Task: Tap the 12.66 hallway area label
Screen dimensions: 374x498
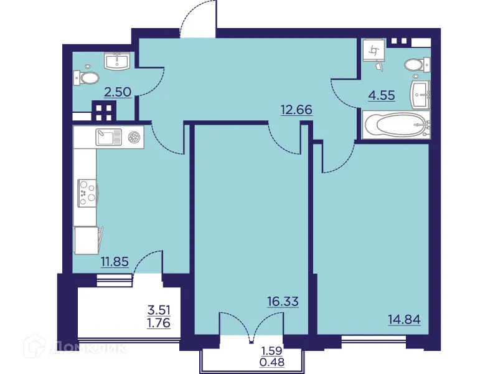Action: (296, 110)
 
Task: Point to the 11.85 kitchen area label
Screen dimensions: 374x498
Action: (114, 262)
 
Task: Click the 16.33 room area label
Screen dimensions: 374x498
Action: (283, 302)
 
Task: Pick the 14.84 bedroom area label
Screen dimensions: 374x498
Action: (403, 320)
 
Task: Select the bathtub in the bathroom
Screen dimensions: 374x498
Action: (397, 127)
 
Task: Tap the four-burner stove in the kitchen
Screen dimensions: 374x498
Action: (86, 193)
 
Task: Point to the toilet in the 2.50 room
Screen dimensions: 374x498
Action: (87, 77)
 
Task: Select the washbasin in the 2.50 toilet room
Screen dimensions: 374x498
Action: (117, 60)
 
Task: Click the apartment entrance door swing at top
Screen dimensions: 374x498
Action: (198, 19)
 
